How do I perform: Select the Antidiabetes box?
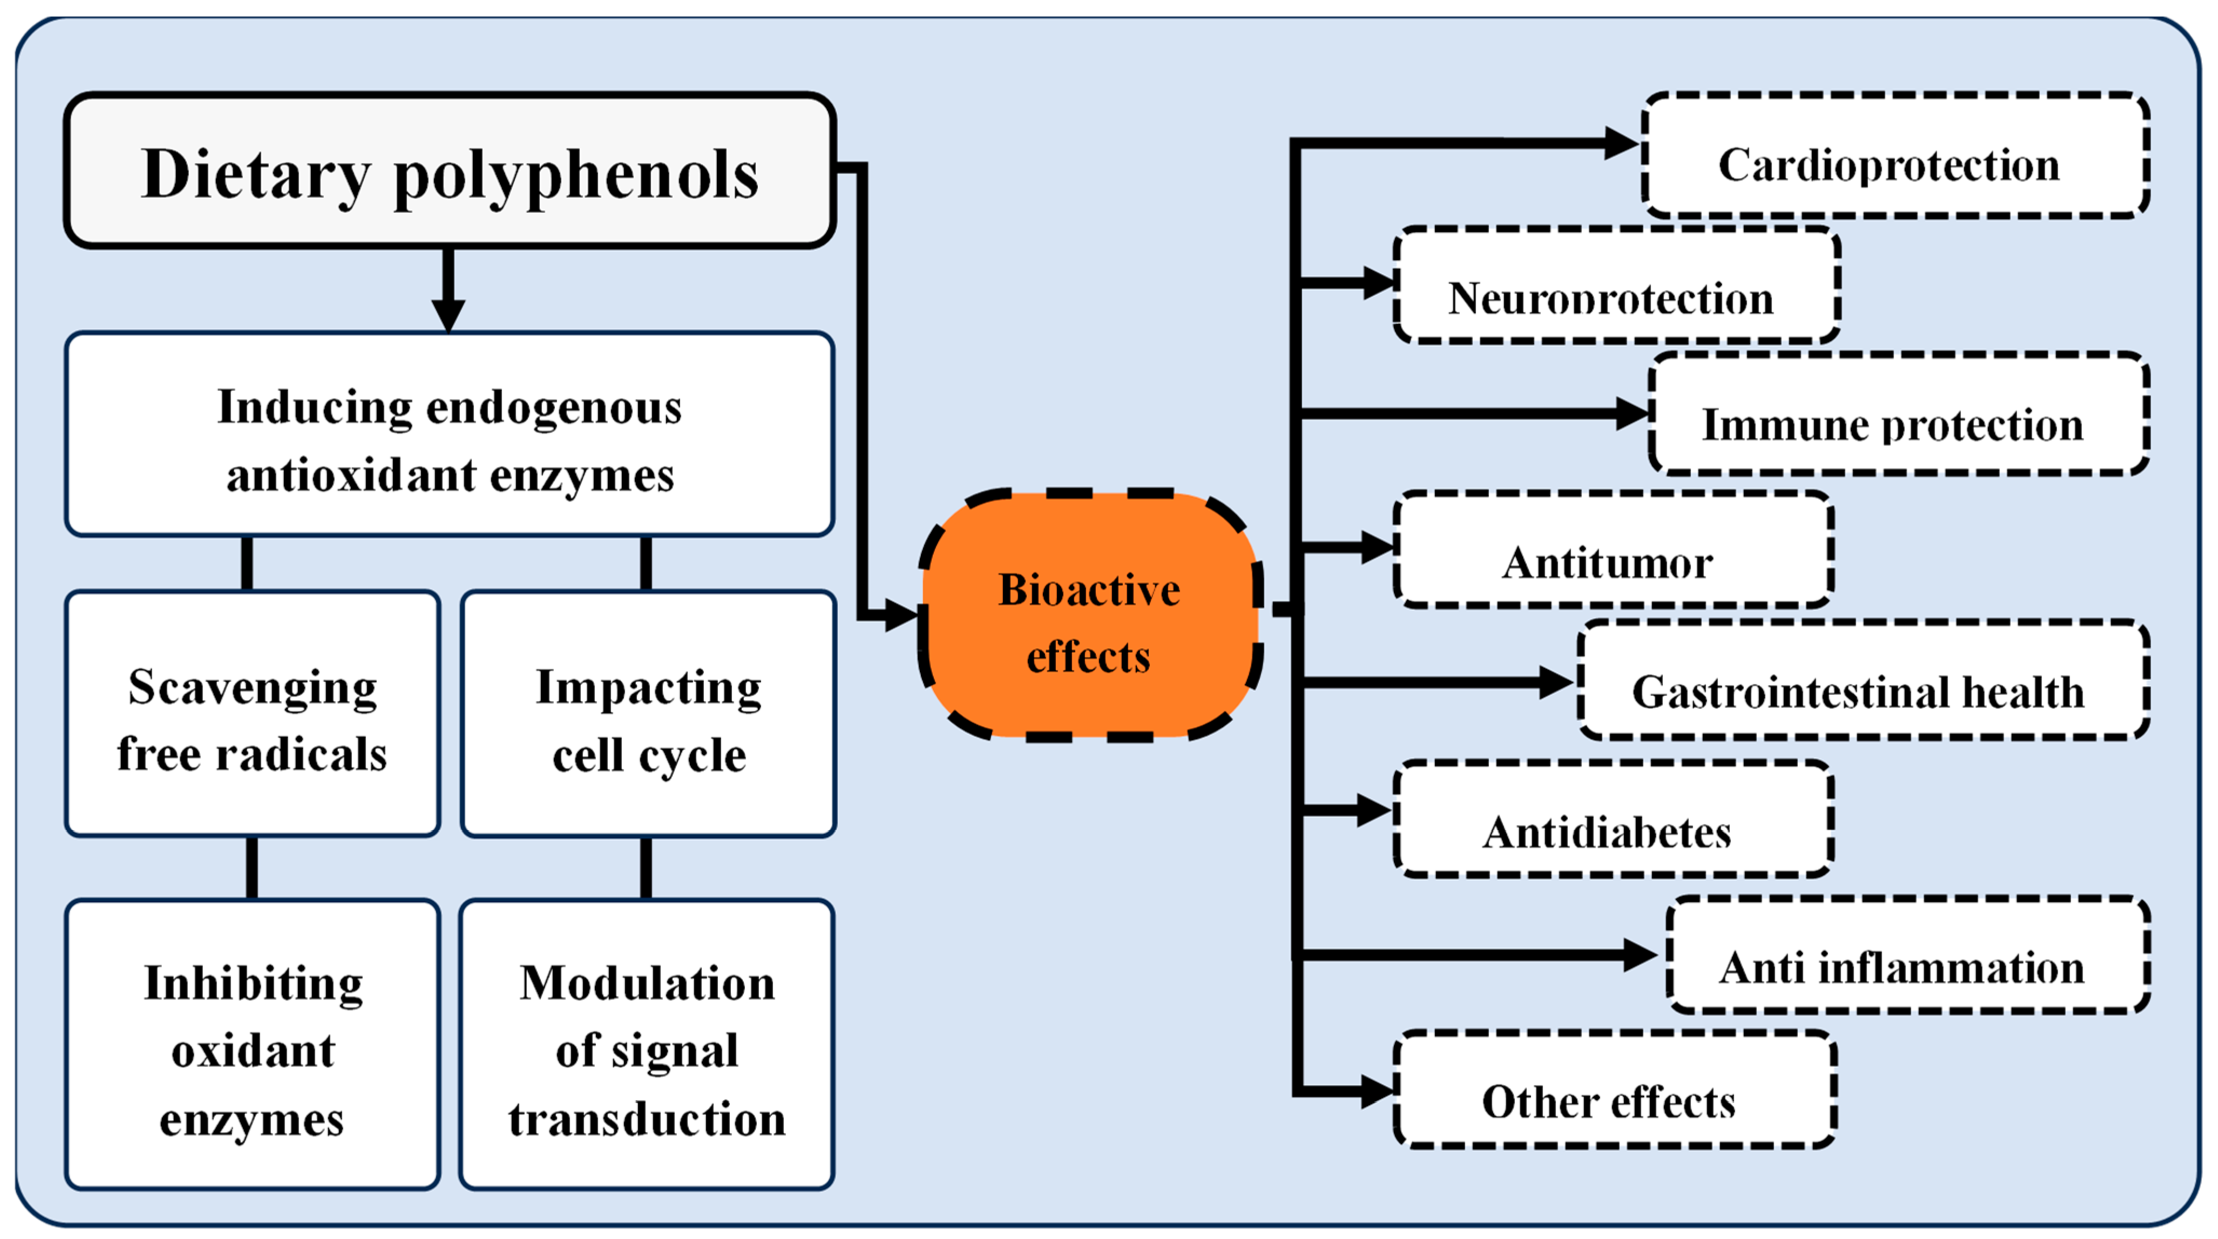(1612, 820)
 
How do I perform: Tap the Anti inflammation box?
(1907, 956)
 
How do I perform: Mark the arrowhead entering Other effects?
(1378, 1092)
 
